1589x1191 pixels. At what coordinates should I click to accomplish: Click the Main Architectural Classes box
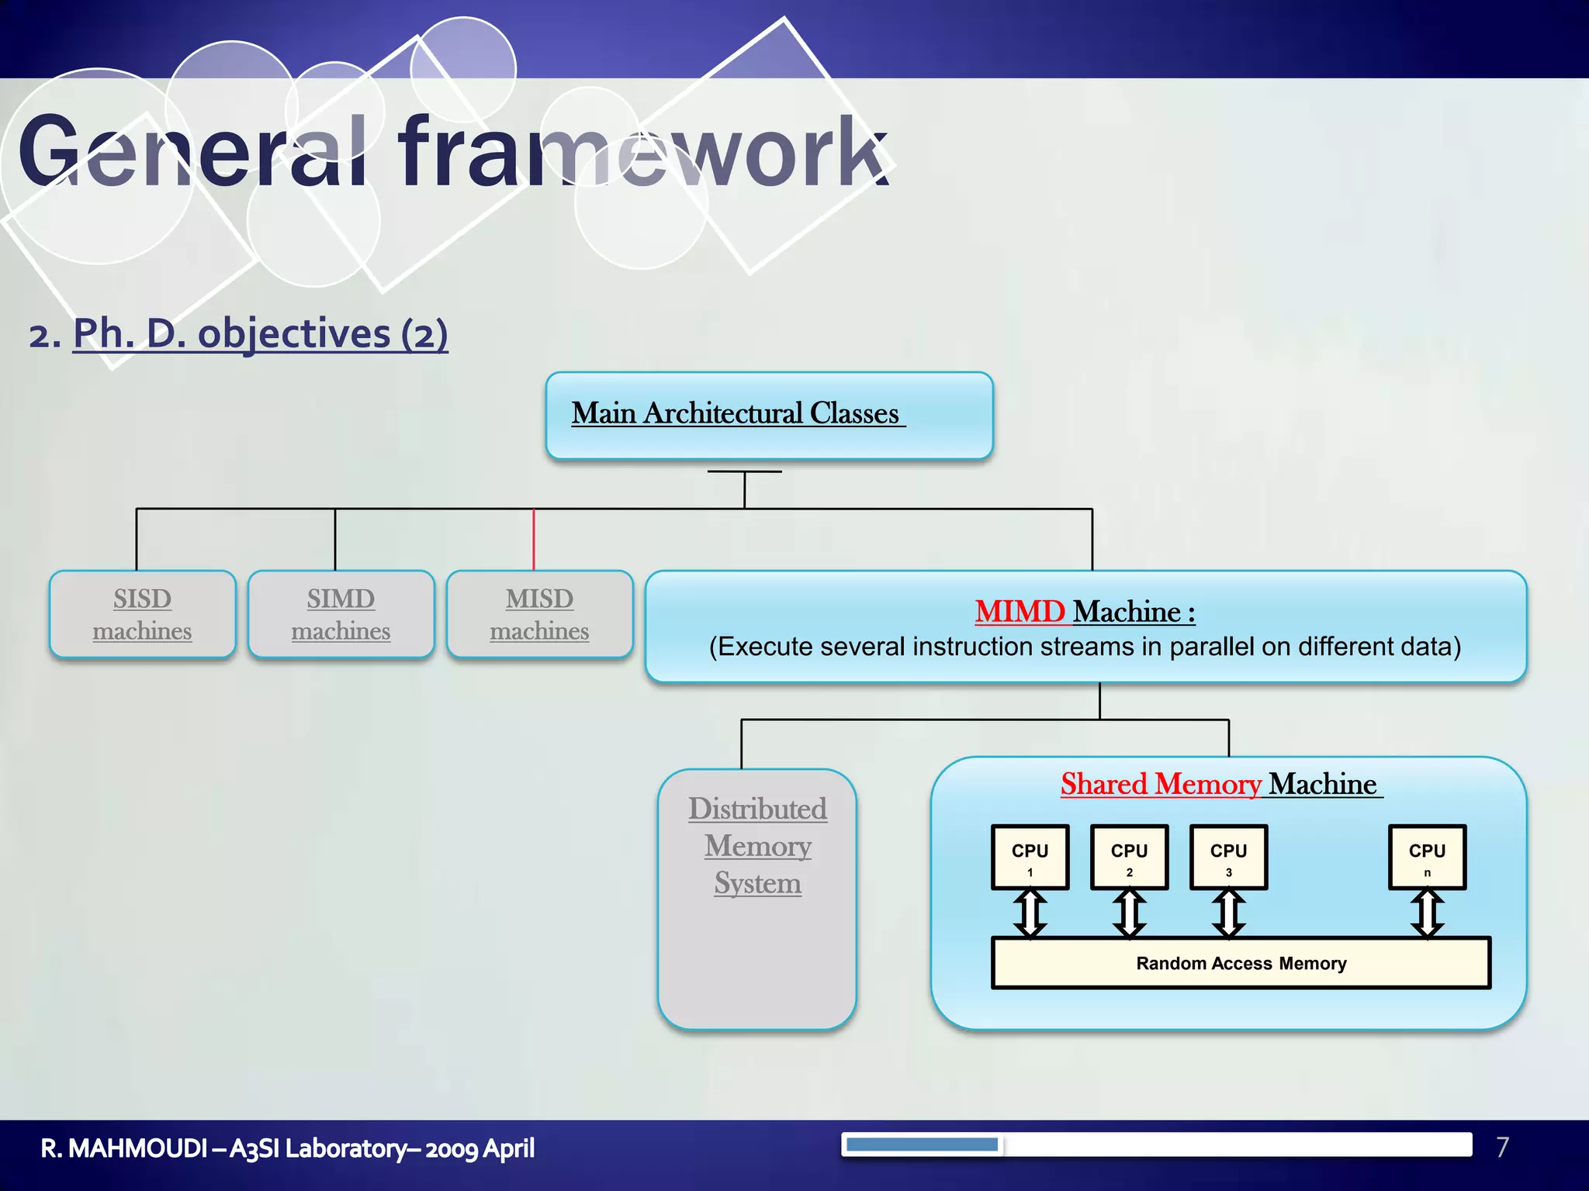coord(769,416)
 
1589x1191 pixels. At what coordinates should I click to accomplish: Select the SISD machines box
coord(142,614)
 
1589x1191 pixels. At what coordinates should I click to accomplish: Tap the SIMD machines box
coord(341,614)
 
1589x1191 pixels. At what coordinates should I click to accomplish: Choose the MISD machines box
coord(539,614)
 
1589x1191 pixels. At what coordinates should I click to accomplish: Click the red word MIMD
coord(1020,612)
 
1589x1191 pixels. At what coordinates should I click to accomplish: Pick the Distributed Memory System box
coord(757,899)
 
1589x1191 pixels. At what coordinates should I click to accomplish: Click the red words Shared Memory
coord(1161,784)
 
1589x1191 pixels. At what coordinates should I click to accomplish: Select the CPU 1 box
coord(1030,857)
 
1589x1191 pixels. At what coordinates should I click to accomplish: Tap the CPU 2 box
coord(1129,857)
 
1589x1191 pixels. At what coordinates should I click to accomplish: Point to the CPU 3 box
coord(1228,857)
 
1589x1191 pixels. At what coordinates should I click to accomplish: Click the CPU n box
coord(1427,857)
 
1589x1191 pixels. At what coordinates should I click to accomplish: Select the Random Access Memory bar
coord(1241,963)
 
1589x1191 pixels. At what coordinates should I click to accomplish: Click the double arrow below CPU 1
coord(1030,913)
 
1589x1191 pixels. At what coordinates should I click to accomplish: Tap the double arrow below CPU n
coord(1427,913)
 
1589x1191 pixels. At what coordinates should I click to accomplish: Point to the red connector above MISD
coord(534,540)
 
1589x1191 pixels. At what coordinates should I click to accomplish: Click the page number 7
coord(1502,1147)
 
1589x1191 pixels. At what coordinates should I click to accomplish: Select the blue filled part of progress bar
coord(922,1144)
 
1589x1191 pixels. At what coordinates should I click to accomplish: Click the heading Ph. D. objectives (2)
coord(260,333)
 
